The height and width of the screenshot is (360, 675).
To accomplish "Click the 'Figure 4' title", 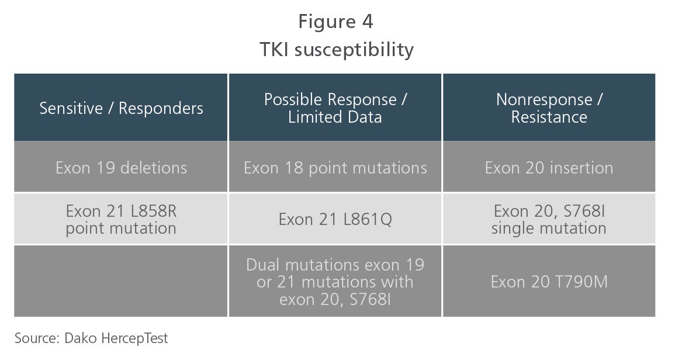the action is (x=335, y=22).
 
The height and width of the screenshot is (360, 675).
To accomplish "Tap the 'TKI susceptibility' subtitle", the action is (x=337, y=50).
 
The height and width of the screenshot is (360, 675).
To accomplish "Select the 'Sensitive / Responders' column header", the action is (x=121, y=108).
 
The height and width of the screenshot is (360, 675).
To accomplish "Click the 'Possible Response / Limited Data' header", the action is (x=335, y=108).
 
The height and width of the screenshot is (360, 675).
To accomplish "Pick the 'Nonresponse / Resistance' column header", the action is (x=549, y=108).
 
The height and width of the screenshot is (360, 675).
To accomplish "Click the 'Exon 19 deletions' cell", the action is (x=121, y=167).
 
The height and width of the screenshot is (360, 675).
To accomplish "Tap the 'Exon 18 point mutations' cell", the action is (x=335, y=167).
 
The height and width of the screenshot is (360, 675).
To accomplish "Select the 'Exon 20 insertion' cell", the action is (x=549, y=167).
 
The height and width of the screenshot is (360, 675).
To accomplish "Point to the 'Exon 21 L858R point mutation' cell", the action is (x=121, y=219).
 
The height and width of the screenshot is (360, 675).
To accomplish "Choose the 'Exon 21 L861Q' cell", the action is (x=335, y=219).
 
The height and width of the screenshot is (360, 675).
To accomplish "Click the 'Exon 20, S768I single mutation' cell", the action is (x=549, y=219).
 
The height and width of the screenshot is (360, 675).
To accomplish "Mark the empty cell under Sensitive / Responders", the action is (x=121, y=281).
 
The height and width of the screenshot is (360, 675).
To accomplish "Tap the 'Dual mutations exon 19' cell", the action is (x=335, y=281).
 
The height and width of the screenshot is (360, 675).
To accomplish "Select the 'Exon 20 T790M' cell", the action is (x=549, y=281).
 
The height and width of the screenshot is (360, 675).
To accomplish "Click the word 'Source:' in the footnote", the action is (x=37, y=338).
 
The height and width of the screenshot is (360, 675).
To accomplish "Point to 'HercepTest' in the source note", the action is (x=134, y=338).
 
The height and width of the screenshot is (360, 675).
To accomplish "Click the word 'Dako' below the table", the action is (x=80, y=338).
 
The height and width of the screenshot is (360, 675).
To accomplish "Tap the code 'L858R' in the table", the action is (x=154, y=211).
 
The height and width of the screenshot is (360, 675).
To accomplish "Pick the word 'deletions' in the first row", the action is (x=154, y=167).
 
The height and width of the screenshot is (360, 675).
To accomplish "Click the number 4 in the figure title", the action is (x=367, y=22).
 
